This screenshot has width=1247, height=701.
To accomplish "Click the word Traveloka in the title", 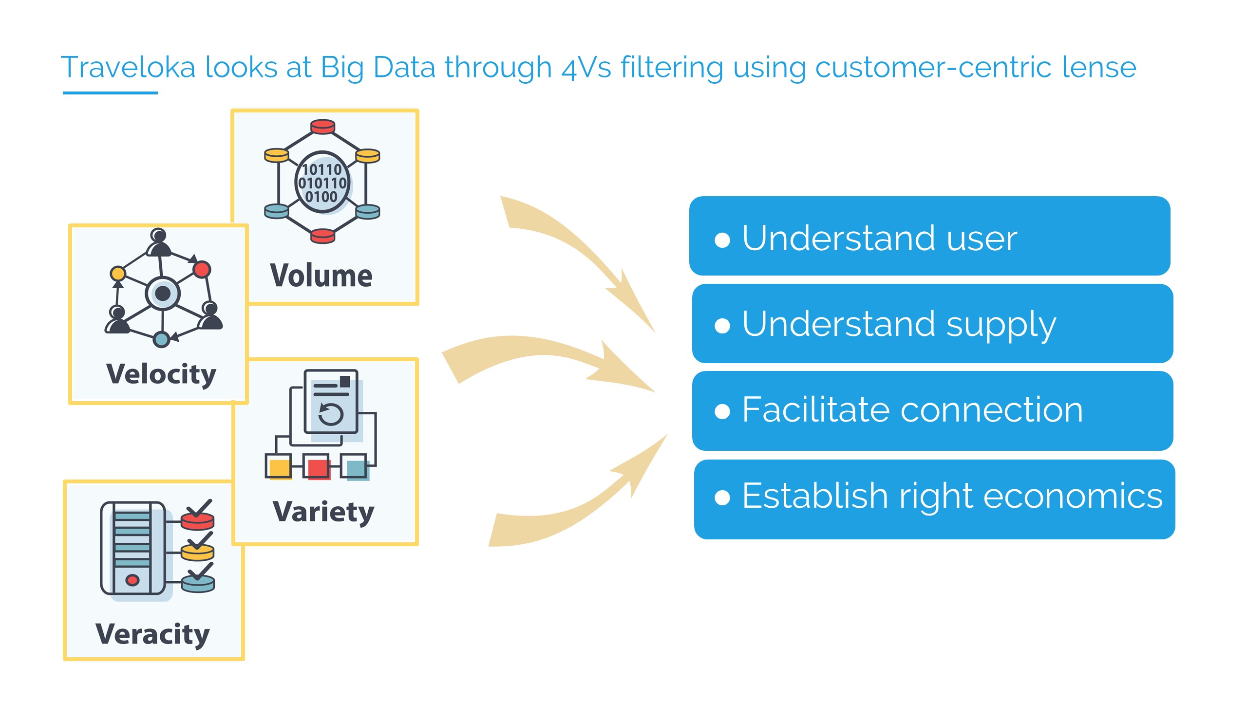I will click(x=128, y=67).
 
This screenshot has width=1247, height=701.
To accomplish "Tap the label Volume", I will click(x=321, y=276).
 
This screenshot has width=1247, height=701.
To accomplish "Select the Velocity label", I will click(x=161, y=374).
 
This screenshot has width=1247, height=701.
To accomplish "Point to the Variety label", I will click(x=323, y=512).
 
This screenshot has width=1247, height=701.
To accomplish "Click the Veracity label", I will click(x=152, y=634).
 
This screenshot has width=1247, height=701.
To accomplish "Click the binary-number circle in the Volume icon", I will click(x=322, y=183).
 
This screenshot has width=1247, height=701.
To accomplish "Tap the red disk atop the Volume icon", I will click(x=322, y=127).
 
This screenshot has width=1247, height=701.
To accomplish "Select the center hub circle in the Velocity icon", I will click(x=163, y=293).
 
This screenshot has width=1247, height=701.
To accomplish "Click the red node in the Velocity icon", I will click(x=202, y=269).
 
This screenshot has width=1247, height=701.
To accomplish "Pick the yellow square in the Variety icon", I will click(x=279, y=467).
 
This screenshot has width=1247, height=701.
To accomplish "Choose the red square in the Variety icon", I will click(x=317, y=467).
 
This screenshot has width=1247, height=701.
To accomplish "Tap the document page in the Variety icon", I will click(x=331, y=402).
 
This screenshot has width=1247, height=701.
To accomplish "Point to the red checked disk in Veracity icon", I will click(x=197, y=520).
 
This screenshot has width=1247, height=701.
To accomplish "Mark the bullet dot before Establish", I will click(x=722, y=498).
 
